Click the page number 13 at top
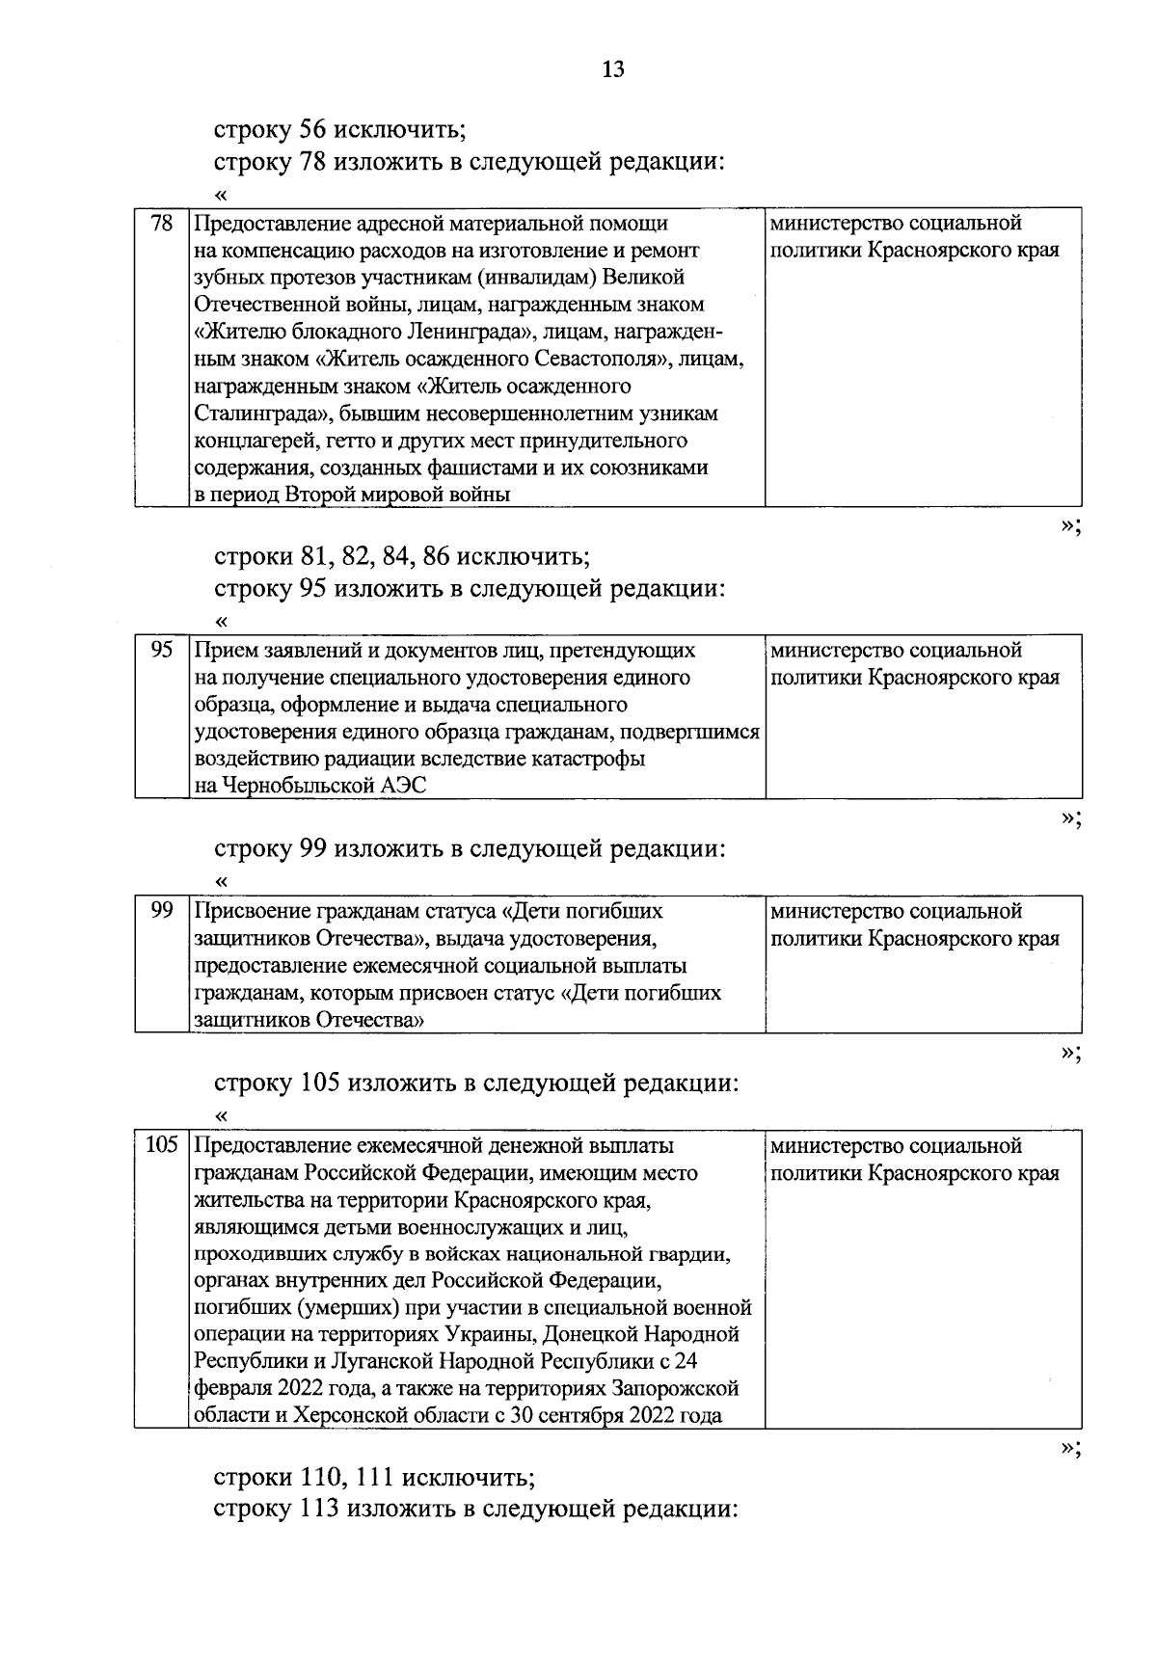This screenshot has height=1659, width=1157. click(x=613, y=69)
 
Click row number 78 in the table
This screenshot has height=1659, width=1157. click(x=162, y=225)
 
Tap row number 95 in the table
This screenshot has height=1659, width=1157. click(x=162, y=651)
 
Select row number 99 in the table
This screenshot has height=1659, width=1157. click(x=162, y=911)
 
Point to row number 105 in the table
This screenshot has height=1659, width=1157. click(x=161, y=1146)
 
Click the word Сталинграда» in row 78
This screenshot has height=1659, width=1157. click(x=257, y=414)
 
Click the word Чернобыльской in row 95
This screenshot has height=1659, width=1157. click(x=291, y=786)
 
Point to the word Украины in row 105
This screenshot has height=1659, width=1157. click(x=485, y=1335)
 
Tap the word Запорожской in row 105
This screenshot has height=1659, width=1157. click(x=678, y=1389)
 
